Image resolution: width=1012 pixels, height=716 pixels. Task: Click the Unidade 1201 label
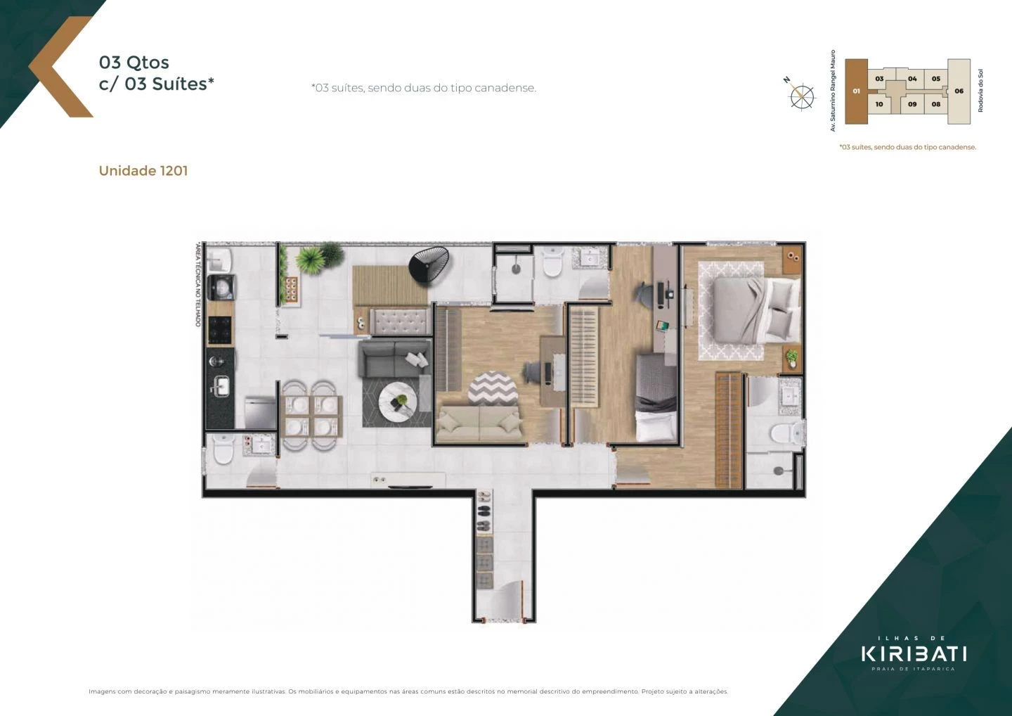click(x=143, y=171)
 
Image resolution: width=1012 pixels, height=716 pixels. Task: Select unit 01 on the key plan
click(x=856, y=91)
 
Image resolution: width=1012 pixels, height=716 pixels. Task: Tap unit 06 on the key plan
click(x=959, y=91)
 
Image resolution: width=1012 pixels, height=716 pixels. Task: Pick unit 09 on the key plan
click(x=912, y=104)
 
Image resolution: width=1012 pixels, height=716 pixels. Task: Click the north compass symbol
click(x=801, y=96)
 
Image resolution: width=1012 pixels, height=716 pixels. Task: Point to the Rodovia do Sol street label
click(x=980, y=91)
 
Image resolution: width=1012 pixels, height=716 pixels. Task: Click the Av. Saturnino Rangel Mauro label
click(x=833, y=91)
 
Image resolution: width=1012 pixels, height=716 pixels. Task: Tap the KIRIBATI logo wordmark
click(x=914, y=653)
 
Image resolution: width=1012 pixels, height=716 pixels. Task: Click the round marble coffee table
click(x=398, y=403)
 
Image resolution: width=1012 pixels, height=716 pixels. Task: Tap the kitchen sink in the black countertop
click(x=221, y=385)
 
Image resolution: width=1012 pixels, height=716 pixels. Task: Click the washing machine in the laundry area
click(x=223, y=287)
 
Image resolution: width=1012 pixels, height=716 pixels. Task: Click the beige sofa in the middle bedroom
click(x=479, y=423)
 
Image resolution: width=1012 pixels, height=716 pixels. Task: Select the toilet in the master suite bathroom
click(x=785, y=433)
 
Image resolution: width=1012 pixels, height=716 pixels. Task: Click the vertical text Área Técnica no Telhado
click(x=198, y=285)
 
